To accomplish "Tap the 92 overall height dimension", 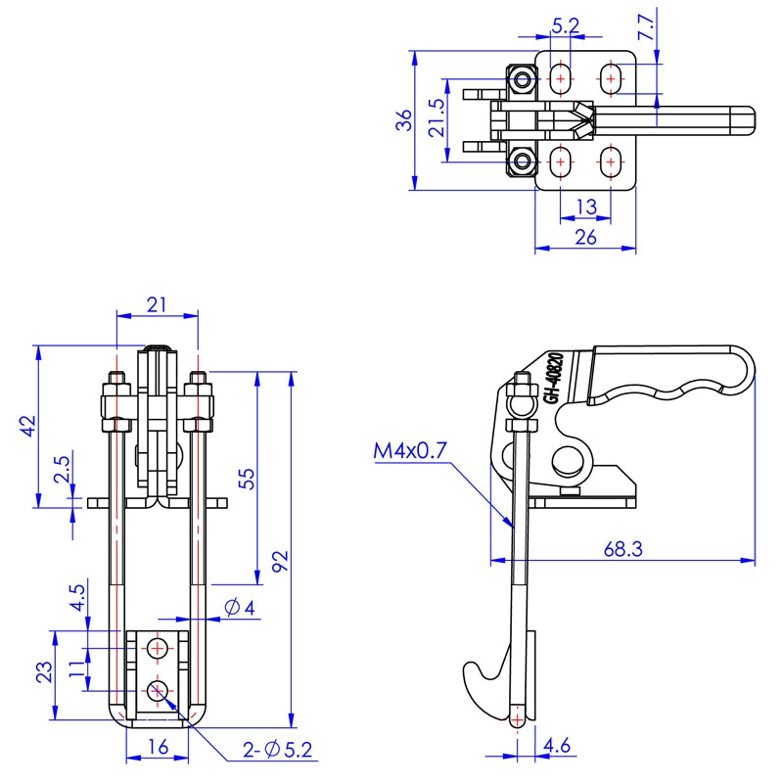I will click(280, 561).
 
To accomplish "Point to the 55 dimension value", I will click(246, 478).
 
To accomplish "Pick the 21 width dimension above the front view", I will click(157, 304).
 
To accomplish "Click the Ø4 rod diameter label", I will click(240, 608).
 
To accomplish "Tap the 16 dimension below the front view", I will click(157, 746).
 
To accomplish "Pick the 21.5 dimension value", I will click(438, 116).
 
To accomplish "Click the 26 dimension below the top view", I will click(585, 238).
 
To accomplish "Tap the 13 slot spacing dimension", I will click(585, 206).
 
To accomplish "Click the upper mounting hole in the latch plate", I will click(157, 648).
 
